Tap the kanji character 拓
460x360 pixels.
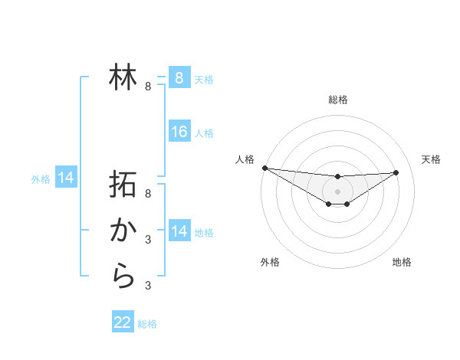[x=123, y=185]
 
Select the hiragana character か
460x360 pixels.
[x=123, y=230]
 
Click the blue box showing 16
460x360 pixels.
[x=179, y=132]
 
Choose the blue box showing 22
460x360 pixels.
[x=123, y=322]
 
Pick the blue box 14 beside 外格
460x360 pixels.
[x=66, y=178]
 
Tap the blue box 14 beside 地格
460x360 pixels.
[x=179, y=231]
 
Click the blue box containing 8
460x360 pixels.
[x=179, y=77]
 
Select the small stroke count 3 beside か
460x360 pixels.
[x=148, y=240]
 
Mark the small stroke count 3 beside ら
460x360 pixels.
[x=148, y=286]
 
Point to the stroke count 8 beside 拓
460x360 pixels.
[x=148, y=194]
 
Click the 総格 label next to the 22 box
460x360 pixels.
[x=147, y=324]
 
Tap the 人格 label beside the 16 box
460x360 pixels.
[x=204, y=133]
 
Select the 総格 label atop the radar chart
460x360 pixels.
[x=337, y=100]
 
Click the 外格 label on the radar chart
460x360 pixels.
[x=270, y=262]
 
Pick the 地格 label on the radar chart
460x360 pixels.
[x=402, y=262]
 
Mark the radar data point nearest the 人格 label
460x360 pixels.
[x=264, y=168]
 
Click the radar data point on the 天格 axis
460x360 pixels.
[x=396, y=172]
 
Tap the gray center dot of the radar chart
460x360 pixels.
[x=337, y=191]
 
